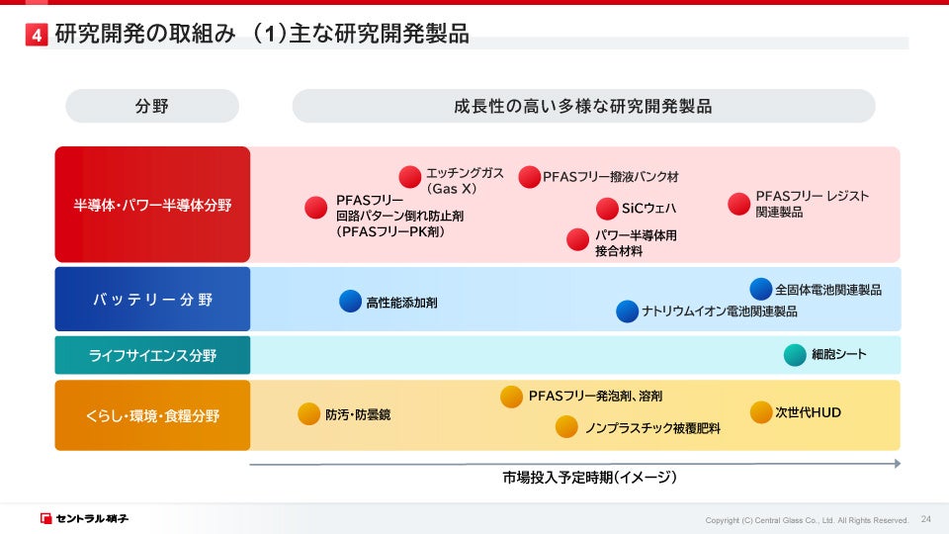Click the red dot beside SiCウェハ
click(x=607, y=209)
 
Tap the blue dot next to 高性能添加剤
click(x=350, y=301)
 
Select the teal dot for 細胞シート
click(x=795, y=355)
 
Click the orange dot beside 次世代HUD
click(x=761, y=412)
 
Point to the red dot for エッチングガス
click(x=409, y=177)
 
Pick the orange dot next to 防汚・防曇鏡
click(x=308, y=414)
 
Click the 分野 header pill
click(x=152, y=106)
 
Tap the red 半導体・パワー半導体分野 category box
click(x=152, y=205)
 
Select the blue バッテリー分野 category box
click(x=152, y=299)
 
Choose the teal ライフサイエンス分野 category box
click(x=152, y=355)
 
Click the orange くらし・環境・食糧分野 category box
click(x=152, y=415)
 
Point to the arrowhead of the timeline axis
click(x=899, y=464)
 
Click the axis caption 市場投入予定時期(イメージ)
click(x=589, y=478)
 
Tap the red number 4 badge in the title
click(x=37, y=35)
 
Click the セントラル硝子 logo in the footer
click(x=84, y=518)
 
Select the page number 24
click(x=926, y=519)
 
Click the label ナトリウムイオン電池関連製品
click(x=720, y=311)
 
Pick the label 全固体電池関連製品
click(x=828, y=290)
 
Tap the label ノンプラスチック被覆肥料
click(x=652, y=428)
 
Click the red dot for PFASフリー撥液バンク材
click(x=530, y=177)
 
